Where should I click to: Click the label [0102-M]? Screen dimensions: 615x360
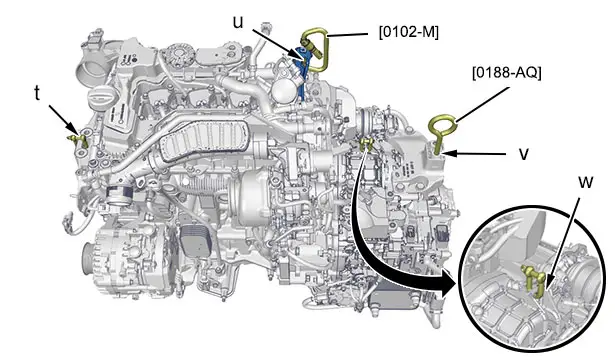pos(408,32)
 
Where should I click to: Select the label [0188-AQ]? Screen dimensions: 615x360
pos(506,73)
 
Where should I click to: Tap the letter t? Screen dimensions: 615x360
pos(37,93)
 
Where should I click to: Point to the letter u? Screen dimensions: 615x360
pos(238,23)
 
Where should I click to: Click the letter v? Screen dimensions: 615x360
pos(524,154)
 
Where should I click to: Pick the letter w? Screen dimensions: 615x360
pos(586,182)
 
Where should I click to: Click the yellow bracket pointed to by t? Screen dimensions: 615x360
pos(80,140)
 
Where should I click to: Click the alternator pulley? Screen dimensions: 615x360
pos(88,258)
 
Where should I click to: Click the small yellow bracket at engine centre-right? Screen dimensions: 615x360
pos(367,144)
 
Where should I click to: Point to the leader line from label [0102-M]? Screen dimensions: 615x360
pos(348,35)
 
